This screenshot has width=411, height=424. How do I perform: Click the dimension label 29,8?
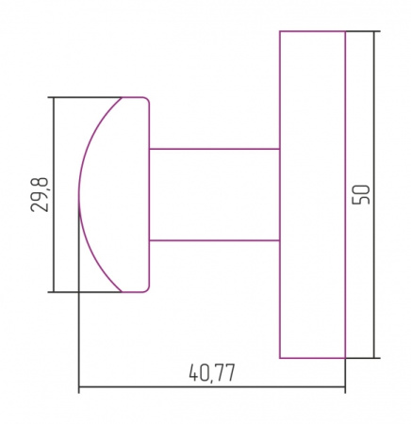tap(40, 195)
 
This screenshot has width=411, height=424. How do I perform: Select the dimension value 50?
tap(361, 195)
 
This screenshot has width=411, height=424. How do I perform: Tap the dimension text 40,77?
tap(212, 373)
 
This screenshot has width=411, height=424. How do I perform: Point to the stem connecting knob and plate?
tap(214, 195)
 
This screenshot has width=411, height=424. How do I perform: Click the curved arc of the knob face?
tap(79, 195)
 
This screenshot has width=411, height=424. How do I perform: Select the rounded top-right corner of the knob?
tap(147, 100)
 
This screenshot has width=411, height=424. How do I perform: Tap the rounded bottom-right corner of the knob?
tap(147, 290)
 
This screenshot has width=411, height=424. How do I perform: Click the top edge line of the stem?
tap(214, 149)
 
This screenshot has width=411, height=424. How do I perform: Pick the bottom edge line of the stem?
tap(214, 240)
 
